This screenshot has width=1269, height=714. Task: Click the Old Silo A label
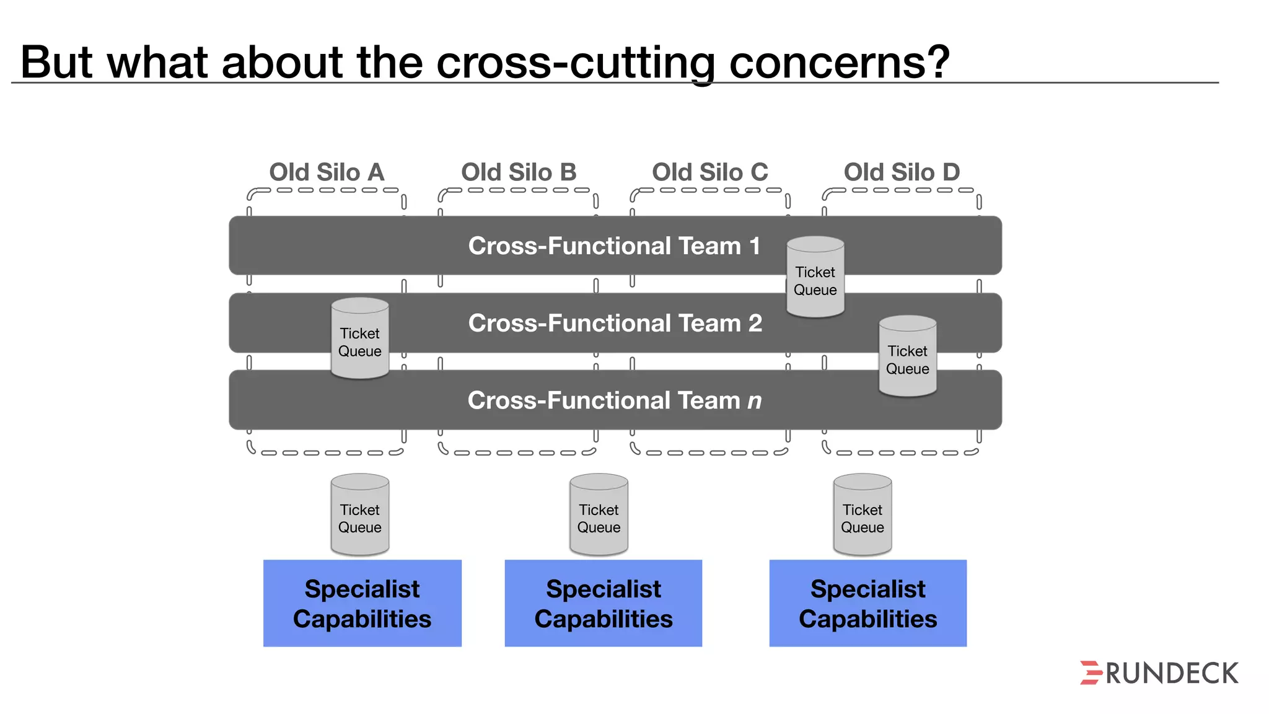coord(327,172)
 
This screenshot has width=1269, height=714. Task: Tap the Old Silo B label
coord(519,172)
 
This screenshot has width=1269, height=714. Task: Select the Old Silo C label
coord(709,172)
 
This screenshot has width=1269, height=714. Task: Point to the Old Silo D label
coord(902,172)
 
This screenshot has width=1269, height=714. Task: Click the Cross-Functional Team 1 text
coord(613,246)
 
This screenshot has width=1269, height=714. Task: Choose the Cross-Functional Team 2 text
coord(615,323)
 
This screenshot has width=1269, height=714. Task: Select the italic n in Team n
coord(754,401)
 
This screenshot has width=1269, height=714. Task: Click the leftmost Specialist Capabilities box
coord(362,603)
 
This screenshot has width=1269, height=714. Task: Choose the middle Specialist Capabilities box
coord(603,603)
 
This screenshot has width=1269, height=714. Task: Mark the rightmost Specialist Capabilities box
coord(867,603)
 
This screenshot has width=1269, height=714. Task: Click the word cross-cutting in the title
coord(576,63)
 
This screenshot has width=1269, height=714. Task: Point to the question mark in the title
coord(934,61)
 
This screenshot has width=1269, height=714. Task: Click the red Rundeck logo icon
coord(1091,672)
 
